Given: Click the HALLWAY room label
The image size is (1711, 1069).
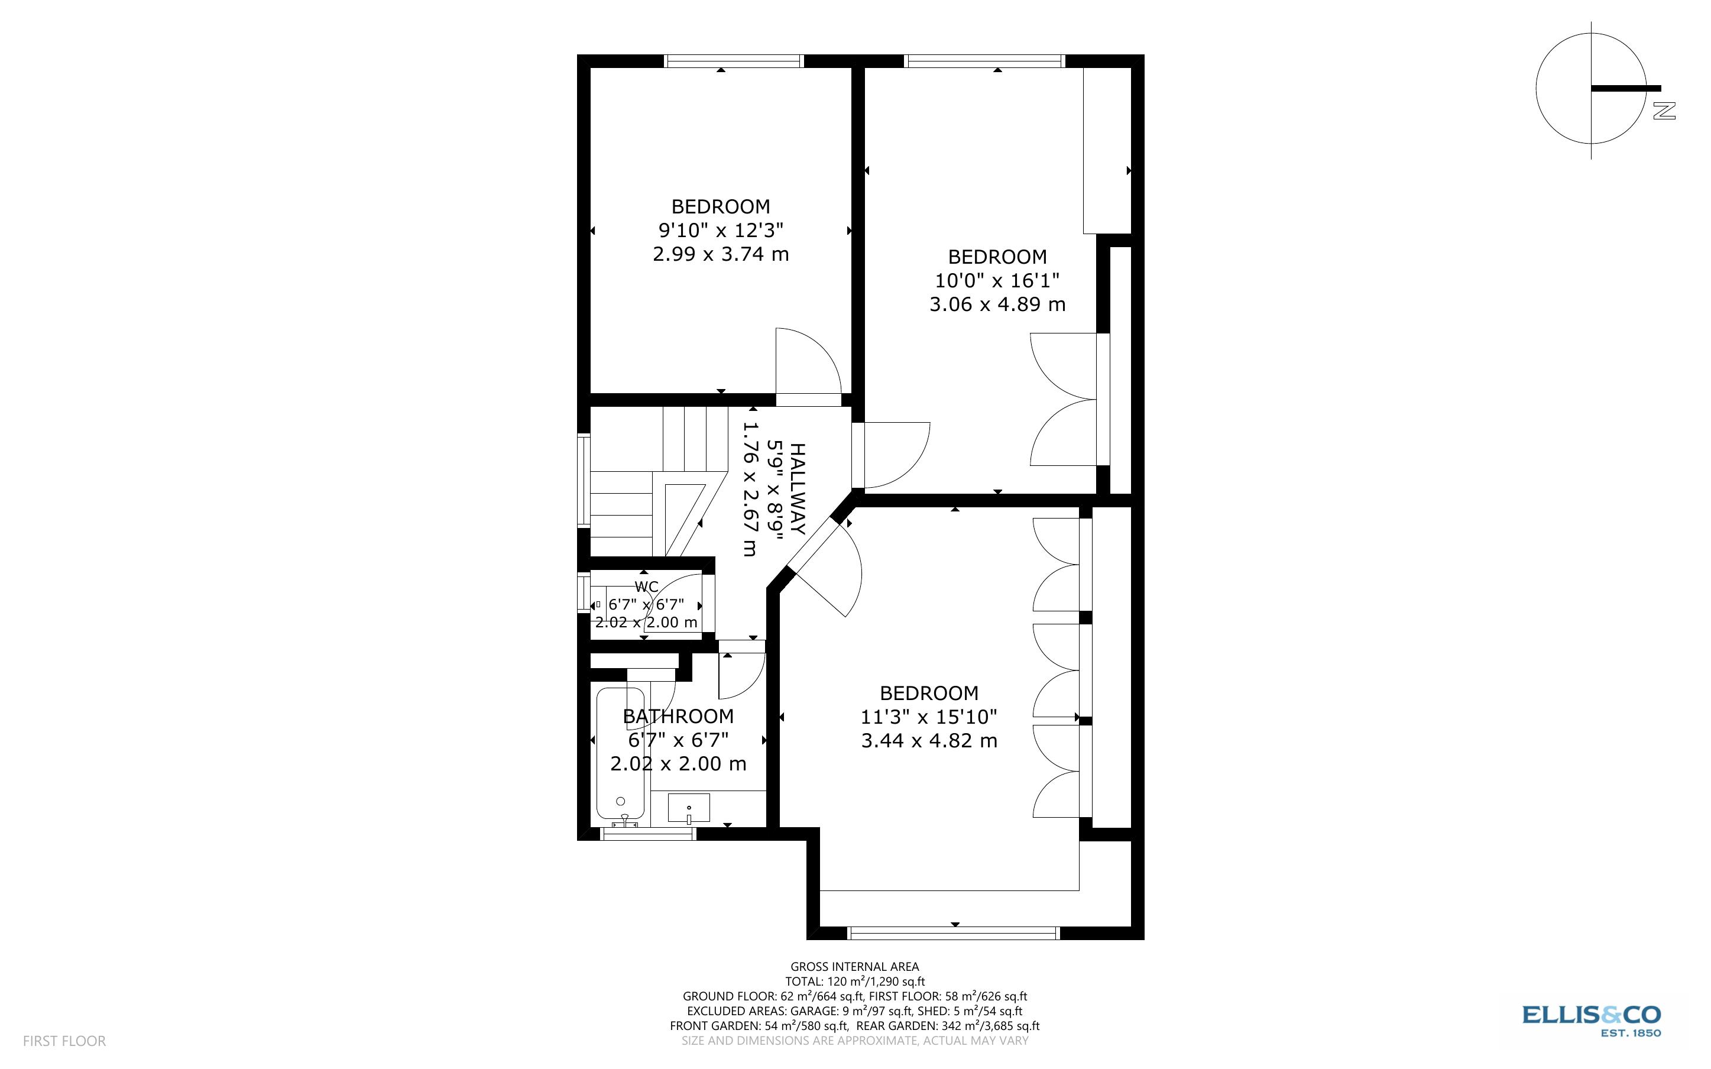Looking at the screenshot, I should click(x=797, y=488).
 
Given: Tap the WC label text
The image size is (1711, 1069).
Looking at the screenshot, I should click(x=646, y=587).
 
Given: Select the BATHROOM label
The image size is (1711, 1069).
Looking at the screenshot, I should click(x=678, y=716).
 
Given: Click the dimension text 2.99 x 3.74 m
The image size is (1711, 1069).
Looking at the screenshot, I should click(x=720, y=254).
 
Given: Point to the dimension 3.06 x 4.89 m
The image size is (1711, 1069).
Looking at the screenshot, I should click(x=996, y=304).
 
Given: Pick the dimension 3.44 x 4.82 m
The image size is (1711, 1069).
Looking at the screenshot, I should click(x=929, y=740).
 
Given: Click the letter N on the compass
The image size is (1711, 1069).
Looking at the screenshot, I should click(x=1664, y=111).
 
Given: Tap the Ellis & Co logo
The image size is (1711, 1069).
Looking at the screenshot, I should click(x=1591, y=1020).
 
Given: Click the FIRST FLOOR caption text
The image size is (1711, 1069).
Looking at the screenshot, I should click(x=64, y=1041).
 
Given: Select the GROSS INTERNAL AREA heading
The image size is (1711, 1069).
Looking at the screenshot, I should click(x=854, y=967).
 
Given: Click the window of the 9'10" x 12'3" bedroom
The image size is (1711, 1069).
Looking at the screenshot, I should click(x=734, y=61).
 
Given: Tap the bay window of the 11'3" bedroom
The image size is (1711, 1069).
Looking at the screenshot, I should click(x=954, y=933).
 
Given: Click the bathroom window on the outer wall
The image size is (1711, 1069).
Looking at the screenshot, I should click(x=648, y=834).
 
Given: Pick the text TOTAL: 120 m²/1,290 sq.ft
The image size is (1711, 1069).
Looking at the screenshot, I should click(x=854, y=981).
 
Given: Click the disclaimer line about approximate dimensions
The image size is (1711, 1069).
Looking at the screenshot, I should click(x=854, y=1041).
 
